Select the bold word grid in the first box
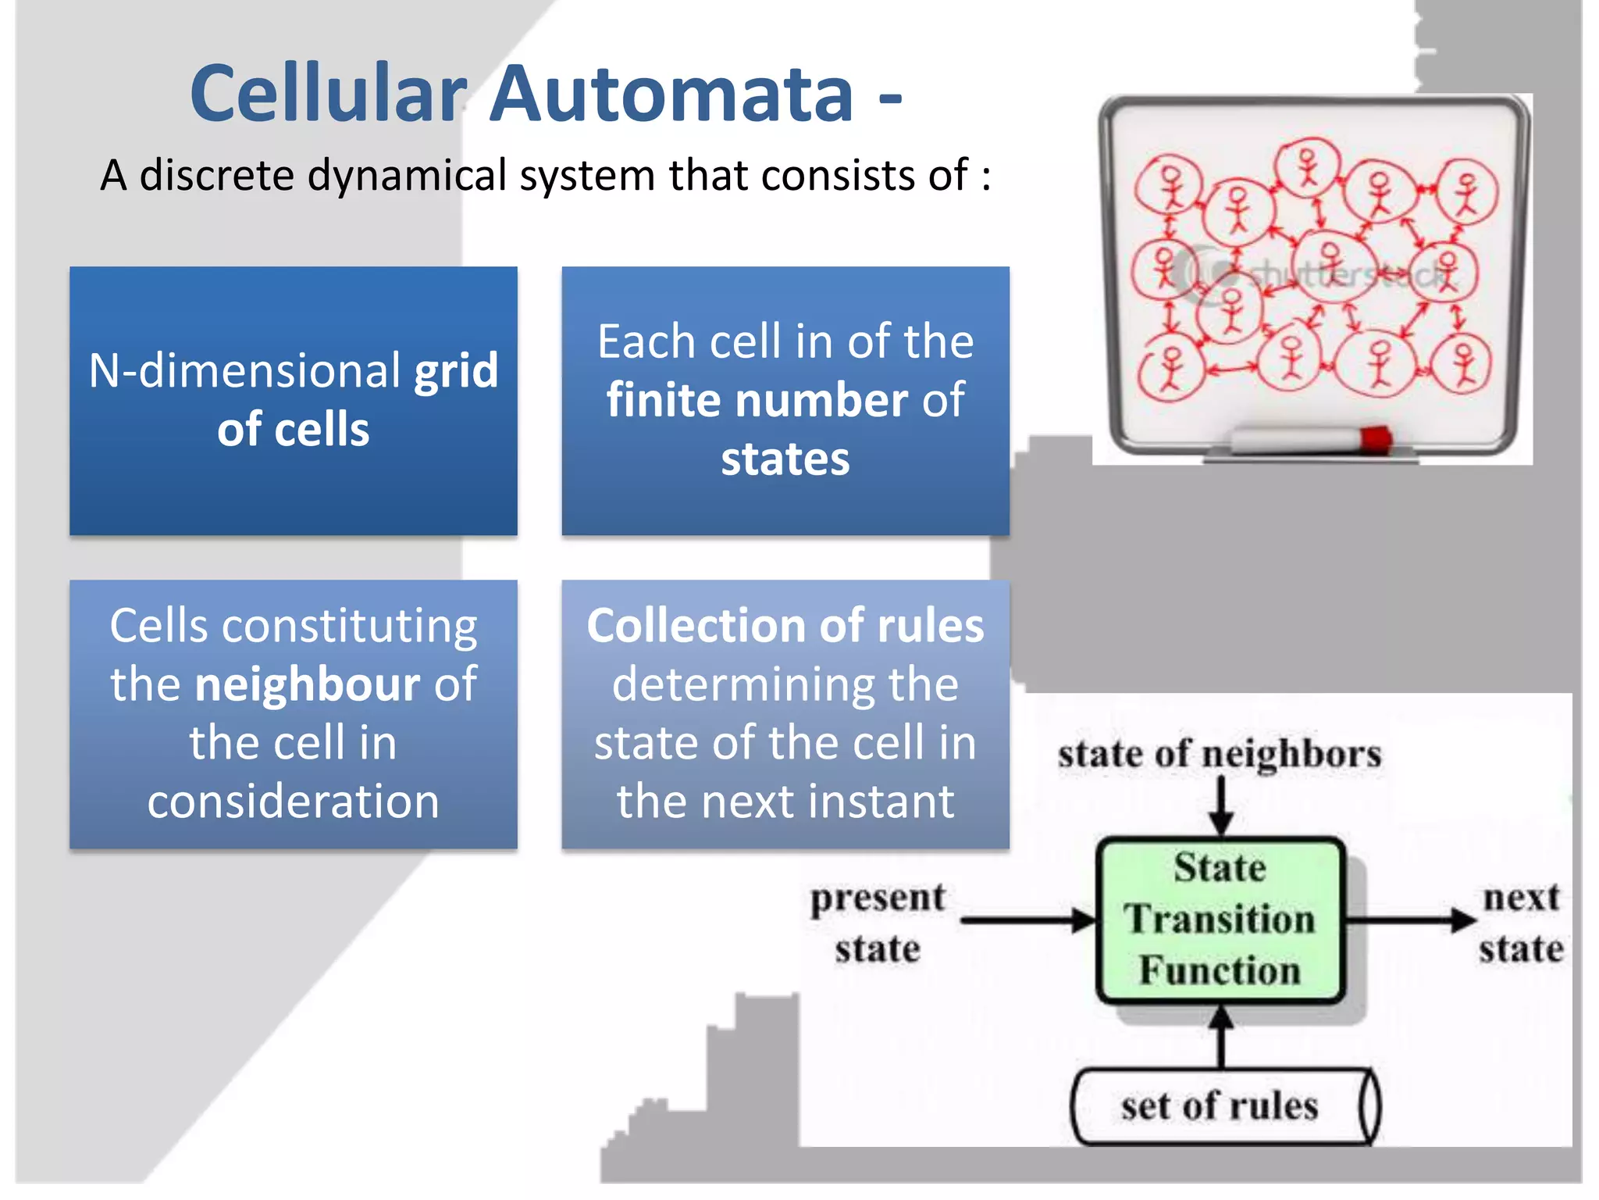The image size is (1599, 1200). coord(456,372)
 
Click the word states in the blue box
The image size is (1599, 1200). coord(785,459)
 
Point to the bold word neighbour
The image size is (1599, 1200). coord(308,684)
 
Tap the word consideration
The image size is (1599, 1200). coord(294,802)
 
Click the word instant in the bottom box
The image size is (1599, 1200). coord(880,802)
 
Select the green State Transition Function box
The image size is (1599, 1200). coord(1220,920)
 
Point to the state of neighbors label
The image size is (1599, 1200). coord(1220,755)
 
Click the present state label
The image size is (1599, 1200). coord(878,923)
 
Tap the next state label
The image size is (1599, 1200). coord(1521,923)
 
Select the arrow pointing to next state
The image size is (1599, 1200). coord(1410,920)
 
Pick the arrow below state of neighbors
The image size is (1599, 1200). coord(1221,808)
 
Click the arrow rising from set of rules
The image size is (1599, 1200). coord(1221,1036)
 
